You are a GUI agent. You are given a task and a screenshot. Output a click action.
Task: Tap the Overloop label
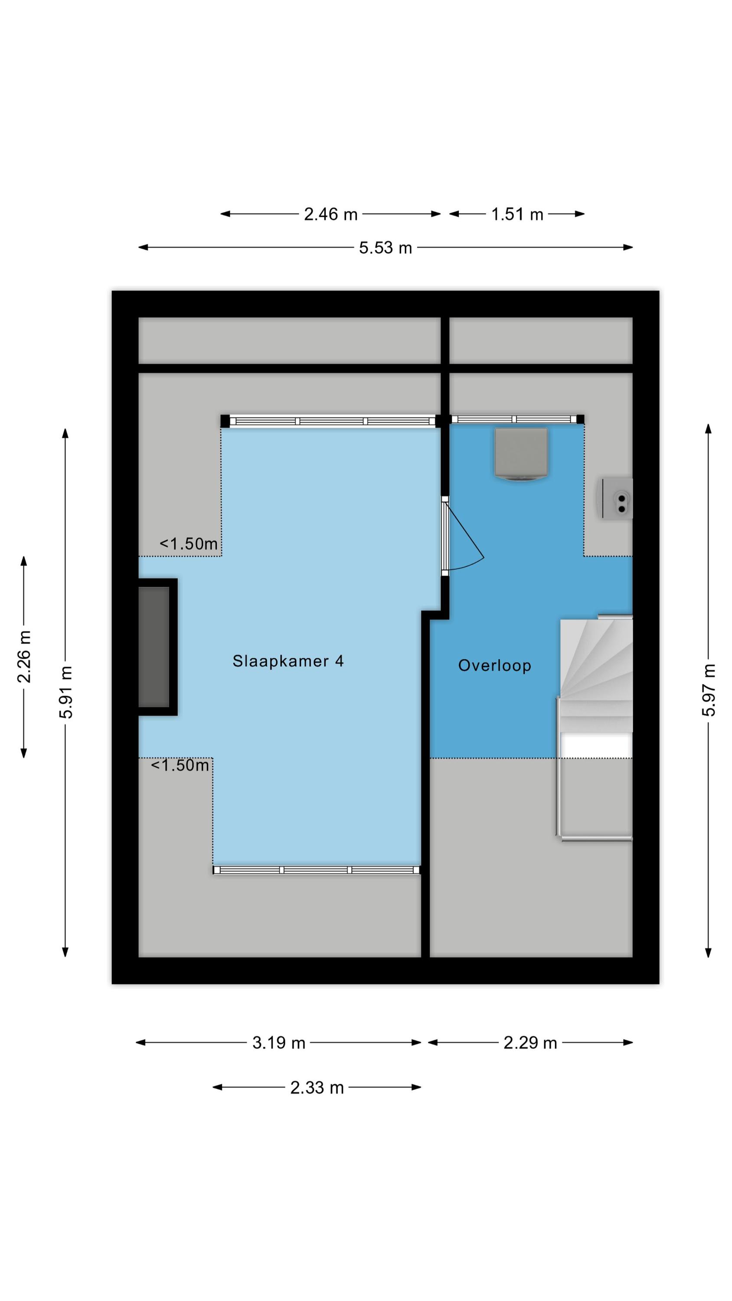click(x=494, y=666)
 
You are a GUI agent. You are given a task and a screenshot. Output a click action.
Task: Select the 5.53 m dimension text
click(x=386, y=248)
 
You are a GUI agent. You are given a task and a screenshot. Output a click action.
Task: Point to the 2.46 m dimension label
click(x=330, y=214)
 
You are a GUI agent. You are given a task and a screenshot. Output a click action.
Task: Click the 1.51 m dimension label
click(x=517, y=214)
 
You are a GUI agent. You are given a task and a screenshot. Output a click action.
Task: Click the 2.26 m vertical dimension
click(x=24, y=657)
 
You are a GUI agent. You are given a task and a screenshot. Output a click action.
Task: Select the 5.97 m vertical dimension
click(x=708, y=690)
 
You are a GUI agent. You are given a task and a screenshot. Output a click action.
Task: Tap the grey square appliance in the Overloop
click(x=521, y=454)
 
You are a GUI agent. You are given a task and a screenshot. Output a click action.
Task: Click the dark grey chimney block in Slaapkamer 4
click(x=154, y=647)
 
